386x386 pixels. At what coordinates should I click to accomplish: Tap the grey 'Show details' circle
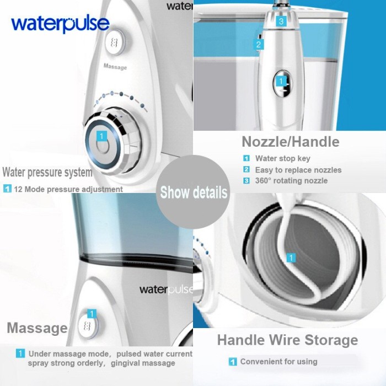point(193,192)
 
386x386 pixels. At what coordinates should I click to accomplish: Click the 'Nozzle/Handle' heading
point(291,142)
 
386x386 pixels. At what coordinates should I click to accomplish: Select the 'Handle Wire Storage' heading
point(287,340)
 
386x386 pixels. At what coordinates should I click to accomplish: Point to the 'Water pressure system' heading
point(47,172)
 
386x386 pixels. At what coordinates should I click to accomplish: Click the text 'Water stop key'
point(282,158)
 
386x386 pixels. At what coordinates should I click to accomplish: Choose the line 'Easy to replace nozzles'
point(298,170)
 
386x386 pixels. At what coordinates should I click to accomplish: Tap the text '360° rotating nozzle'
point(291,181)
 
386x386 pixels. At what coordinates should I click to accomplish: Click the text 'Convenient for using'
point(278,362)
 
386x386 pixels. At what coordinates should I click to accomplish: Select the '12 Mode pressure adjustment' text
point(68,189)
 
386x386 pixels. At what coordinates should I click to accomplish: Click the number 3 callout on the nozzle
point(281,21)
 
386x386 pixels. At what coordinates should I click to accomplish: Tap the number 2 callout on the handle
point(259,45)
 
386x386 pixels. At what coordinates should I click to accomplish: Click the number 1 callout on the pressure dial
point(101,136)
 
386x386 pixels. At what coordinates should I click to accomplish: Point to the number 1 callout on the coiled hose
point(291,258)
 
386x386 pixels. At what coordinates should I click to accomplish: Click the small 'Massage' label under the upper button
point(115,67)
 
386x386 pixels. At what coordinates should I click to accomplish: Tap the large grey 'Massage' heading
point(37,328)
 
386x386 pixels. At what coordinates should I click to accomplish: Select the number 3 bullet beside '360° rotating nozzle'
point(246,181)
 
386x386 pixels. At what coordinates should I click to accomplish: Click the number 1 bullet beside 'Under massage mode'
point(20,353)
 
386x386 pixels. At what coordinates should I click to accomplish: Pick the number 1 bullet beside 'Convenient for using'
point(233,362)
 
